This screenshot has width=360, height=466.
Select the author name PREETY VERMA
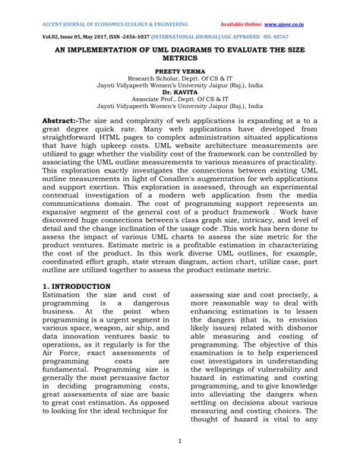click(180, 70)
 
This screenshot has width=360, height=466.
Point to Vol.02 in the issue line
click(52, 35)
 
